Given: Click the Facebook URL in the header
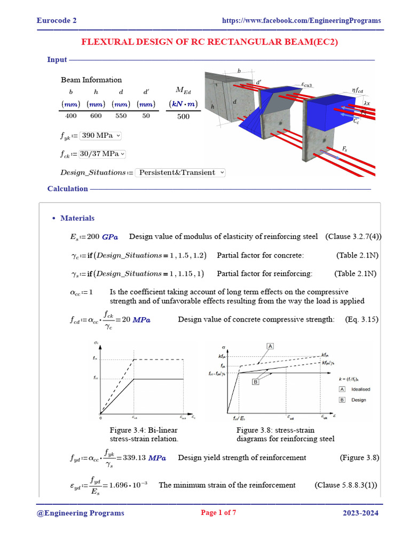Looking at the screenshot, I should point(301,21).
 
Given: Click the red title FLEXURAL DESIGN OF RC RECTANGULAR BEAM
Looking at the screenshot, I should point(209,42).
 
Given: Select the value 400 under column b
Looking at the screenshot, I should point(70,116).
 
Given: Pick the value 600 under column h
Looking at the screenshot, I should point(96,116).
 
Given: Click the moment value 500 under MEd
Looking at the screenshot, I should point(183,116).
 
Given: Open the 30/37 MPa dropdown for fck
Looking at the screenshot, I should point(102,154).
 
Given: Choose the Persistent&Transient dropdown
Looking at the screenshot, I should point(180,173).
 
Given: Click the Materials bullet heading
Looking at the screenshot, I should point(77,218).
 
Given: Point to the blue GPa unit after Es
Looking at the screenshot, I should point(110,237).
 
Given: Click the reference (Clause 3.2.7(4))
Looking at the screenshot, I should point(353,237).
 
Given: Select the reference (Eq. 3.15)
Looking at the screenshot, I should point(361,319).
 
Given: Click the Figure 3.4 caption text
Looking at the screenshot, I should point(144,434).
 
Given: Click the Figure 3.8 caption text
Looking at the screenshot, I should point(285,434).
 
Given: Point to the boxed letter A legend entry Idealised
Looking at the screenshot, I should point(357,389).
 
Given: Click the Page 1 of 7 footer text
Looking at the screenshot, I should point(218,513).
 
